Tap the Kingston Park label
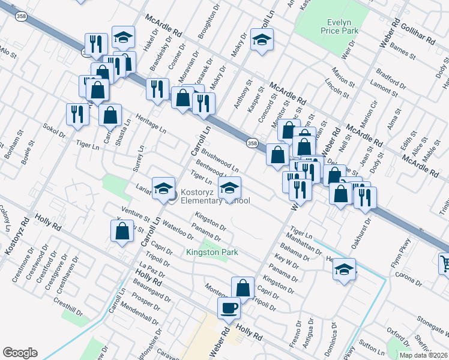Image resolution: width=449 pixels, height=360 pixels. tap(212, 252)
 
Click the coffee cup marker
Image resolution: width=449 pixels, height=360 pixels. tap(228, 308)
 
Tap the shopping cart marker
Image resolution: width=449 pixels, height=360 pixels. tap(444, 263)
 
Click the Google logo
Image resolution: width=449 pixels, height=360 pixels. tap(20, 353)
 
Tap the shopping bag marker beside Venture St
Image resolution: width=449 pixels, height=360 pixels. tap(122, 230)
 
